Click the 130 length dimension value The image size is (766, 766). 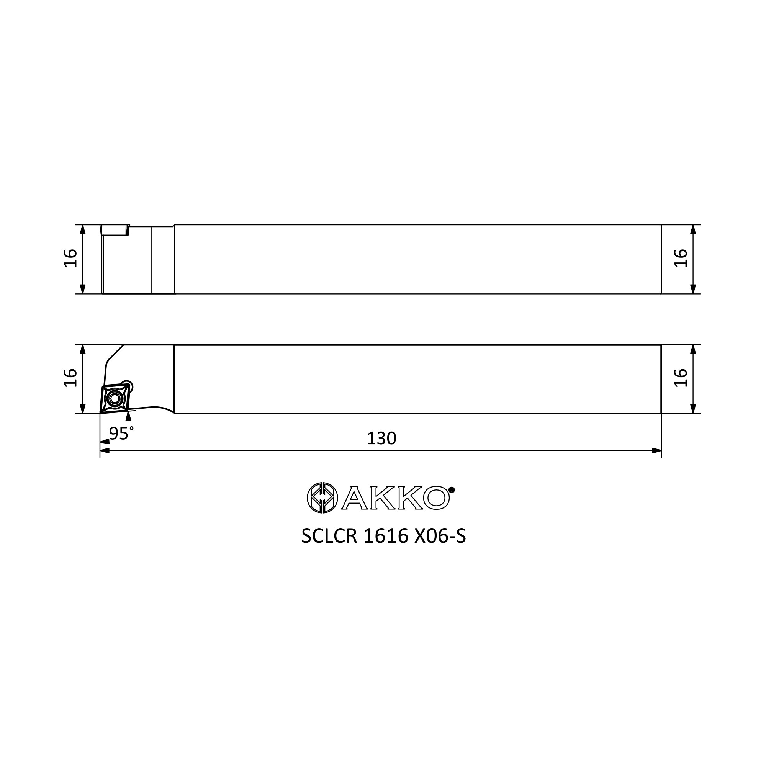(x=381, y=439)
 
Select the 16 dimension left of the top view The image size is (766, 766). (x=70, y=258)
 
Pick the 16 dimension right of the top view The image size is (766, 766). (x=681, y=258)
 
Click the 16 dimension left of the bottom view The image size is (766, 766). (x=70, y=378)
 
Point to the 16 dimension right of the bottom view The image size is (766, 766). (x=681, y=378)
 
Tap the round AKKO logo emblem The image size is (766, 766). (x=322, y=498)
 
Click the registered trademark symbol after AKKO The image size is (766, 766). (x=452, y=490)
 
